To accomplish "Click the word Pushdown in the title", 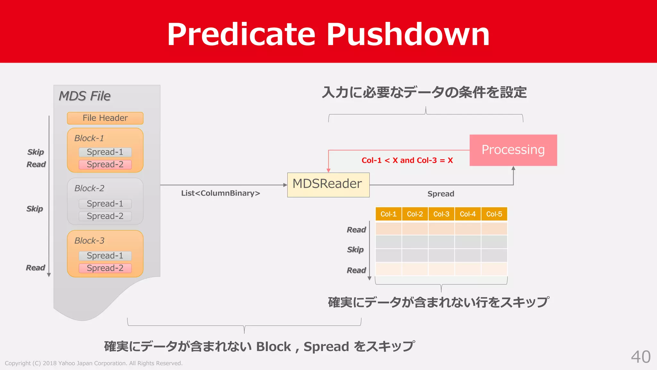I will point(408,34).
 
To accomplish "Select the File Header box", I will point(105,118).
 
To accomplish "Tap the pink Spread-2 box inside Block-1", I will point(105,164).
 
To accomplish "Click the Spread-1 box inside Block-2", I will point(105,204).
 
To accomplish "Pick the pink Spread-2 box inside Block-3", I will point(105,268).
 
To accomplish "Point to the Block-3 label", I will point(90,241).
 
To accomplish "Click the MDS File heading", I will point(85,96).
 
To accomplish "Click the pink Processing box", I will point(513,150).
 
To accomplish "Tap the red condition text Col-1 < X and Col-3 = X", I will point(407,160).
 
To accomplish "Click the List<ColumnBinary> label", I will point(220,193).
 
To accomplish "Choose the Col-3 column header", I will point(441,214).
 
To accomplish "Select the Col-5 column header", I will point(494,214).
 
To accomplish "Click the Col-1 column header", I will point(388,214).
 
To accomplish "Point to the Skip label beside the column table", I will point(355,250).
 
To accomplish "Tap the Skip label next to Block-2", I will point(35,209).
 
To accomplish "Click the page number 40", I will point(641,357).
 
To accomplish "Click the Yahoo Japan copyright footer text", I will point(94,363).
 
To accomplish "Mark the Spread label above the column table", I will point(441,194).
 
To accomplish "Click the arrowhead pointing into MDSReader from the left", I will point(285,185).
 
